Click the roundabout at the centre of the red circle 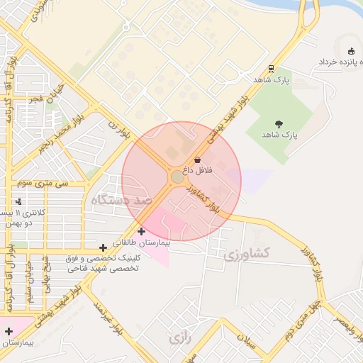coord(177,177)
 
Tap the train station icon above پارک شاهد coord(271,69)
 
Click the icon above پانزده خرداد coord(352,50)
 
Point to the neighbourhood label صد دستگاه coord(121,201)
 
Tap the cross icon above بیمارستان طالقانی coord(141,231)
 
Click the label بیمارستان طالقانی coord(141,242)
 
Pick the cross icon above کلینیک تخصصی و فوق coord(104,247)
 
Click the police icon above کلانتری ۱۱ coord(18,202)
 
